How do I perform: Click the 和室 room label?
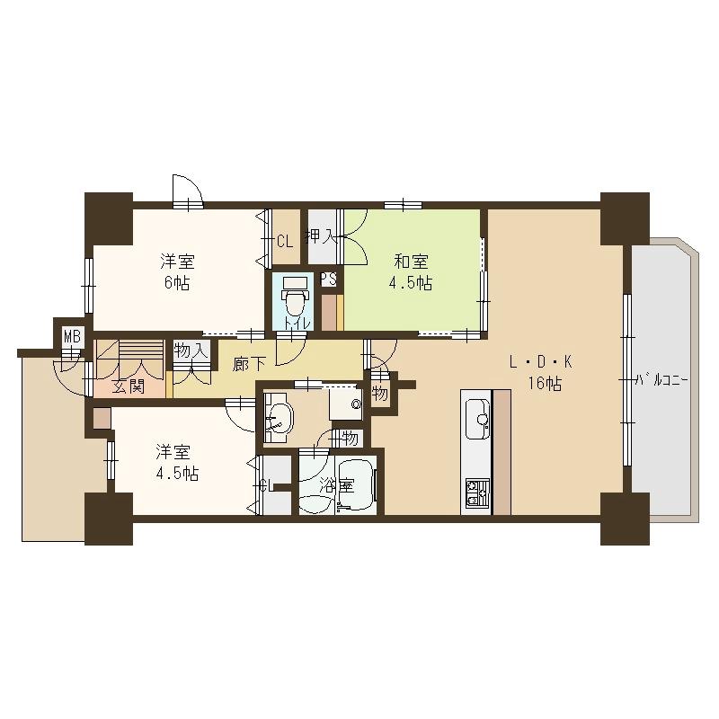(x=410, y=262)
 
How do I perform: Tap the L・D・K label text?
(x=540, y=363)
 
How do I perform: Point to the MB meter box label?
(x=71, y=338)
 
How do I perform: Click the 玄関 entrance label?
(x=129, y=387)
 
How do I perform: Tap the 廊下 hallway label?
(x=249, y=364)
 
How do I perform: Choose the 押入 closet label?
(x=321, y=238)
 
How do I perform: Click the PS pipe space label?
(x=329, y=279)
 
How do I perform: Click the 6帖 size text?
(x=177, y=283)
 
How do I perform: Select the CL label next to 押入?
(x=284, y=241)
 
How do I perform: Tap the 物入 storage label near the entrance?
(x=191, y=351)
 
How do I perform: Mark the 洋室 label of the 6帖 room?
(x=177, y=262)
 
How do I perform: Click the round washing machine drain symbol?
(x=357, y=405)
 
